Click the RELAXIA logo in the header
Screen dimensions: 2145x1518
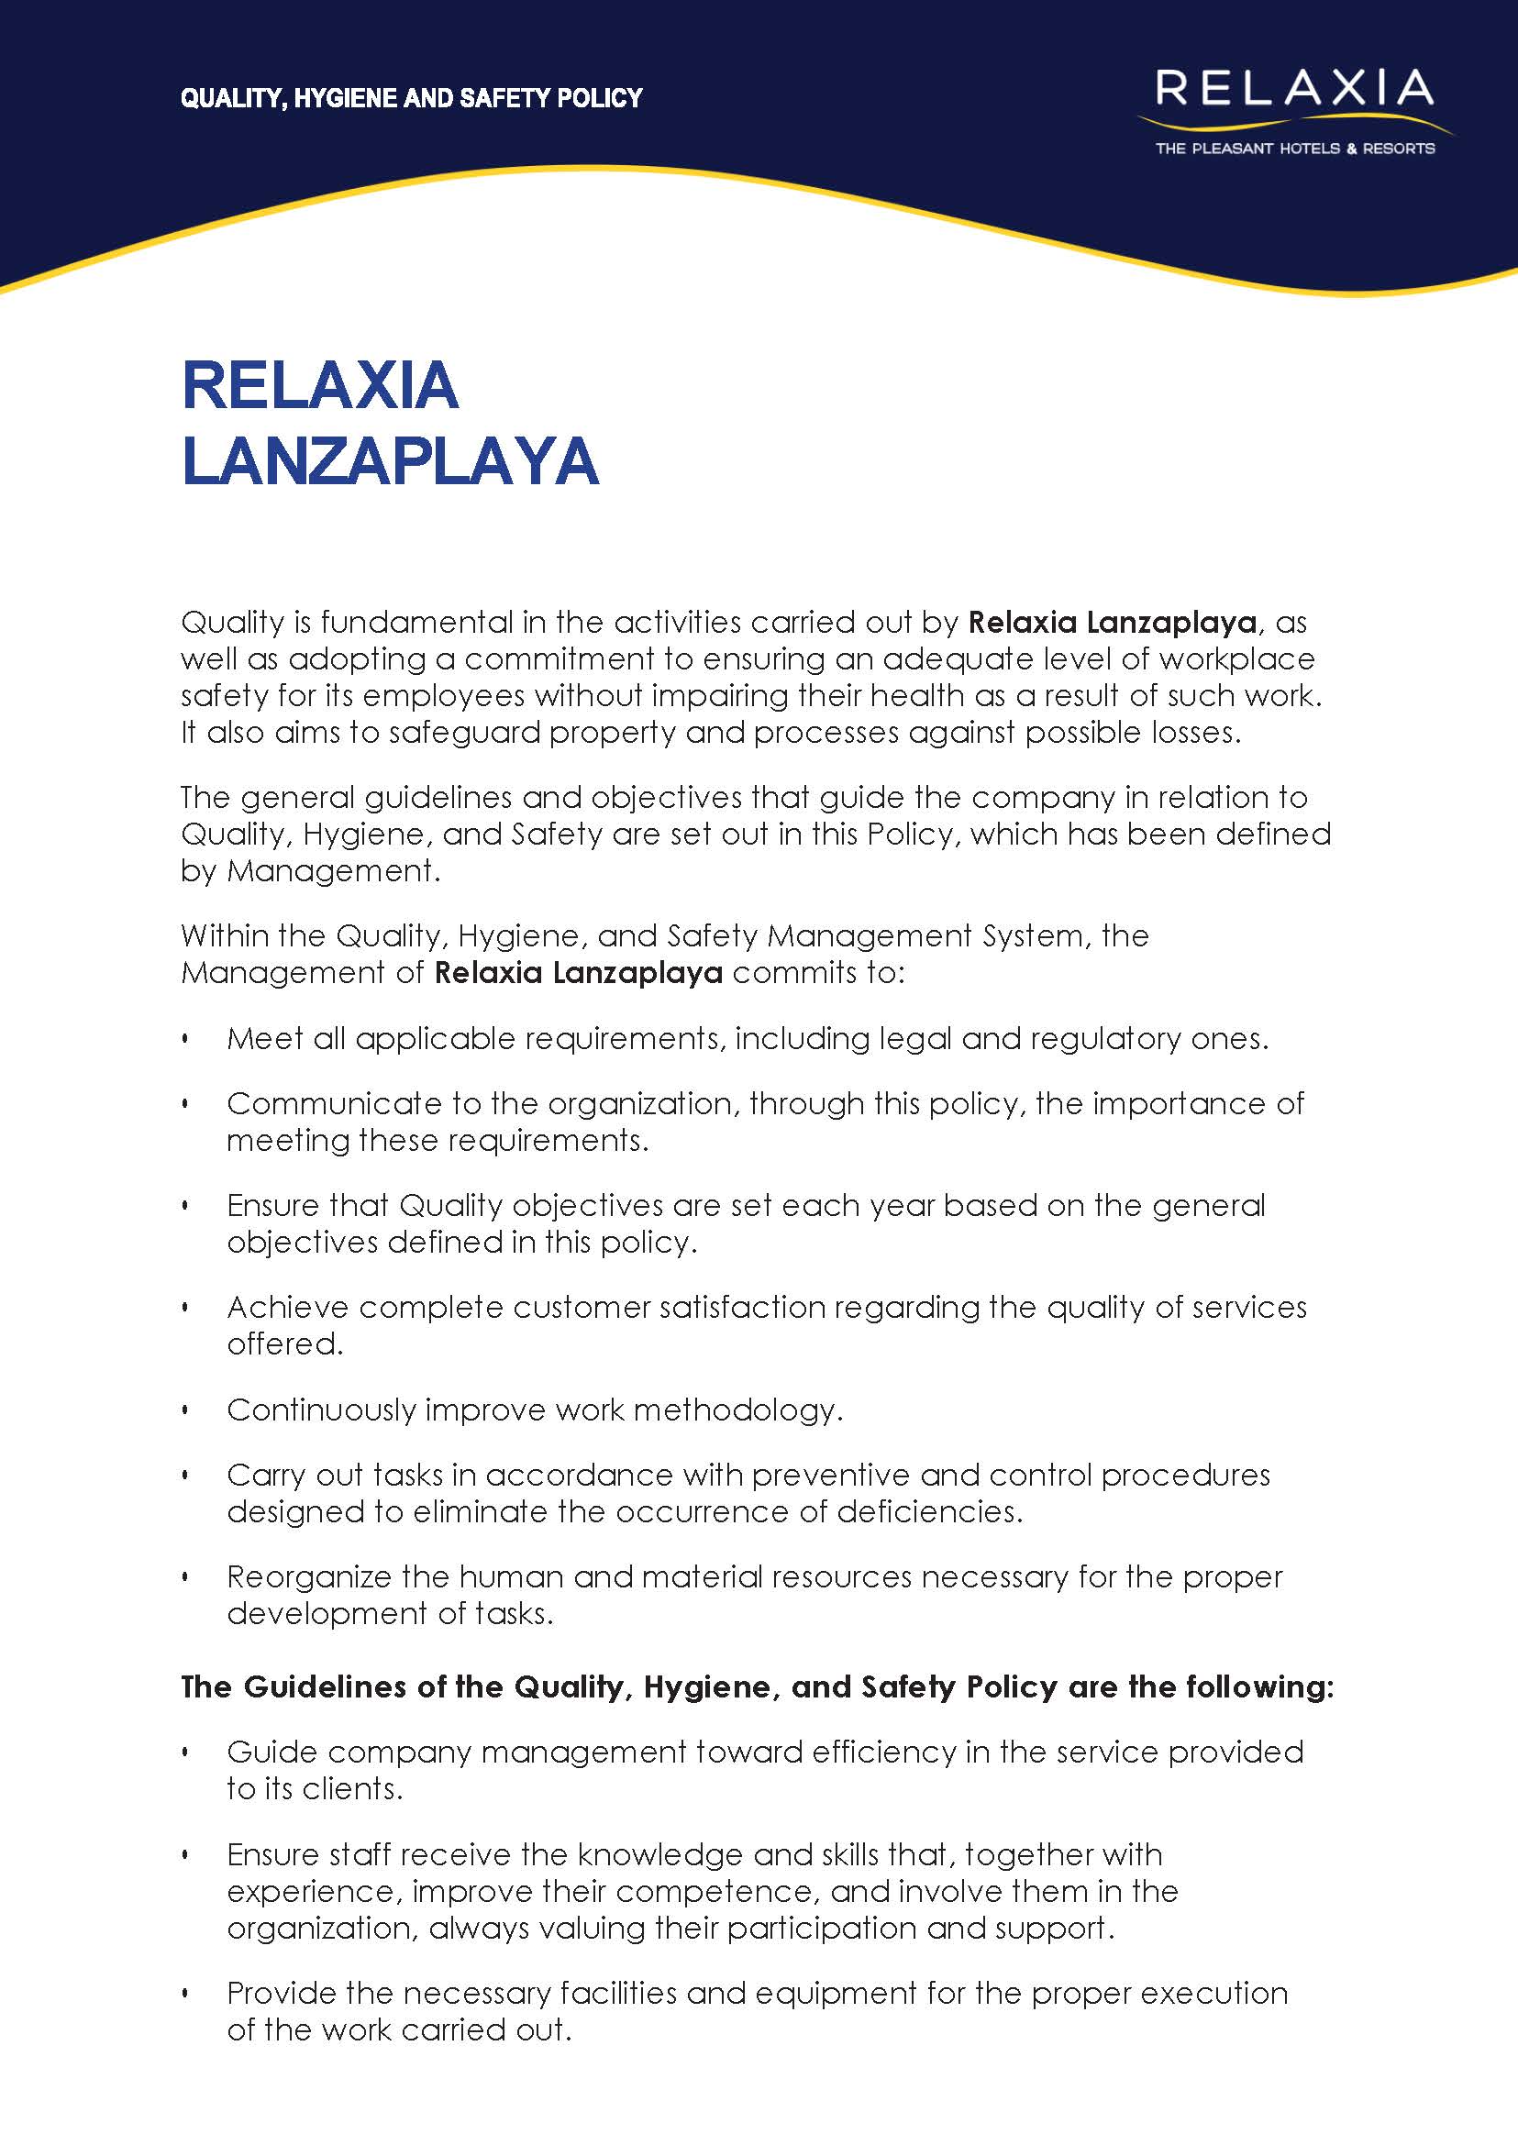pyautogui.click(x=1293, y=89)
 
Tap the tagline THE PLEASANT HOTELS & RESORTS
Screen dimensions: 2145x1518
pyautogui.click(x=1294, y=148)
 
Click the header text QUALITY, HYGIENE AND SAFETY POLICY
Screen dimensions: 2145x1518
pyautogui.click(x=411, y=98)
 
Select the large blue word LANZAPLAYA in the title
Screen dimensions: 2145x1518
pyautogui.click(x=390, y=460)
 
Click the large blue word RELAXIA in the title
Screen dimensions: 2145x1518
pyautogui.click(x=320, y=385)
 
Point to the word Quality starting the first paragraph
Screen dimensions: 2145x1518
pyautogui.click(x=232, y=623)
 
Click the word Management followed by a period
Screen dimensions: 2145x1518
pyautogui.click(x=331, y=871)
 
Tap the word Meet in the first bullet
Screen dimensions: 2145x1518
pyautogui.click(x=265, y=1038)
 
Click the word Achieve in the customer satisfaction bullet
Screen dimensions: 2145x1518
pyautogui.click(x=287, y=1307)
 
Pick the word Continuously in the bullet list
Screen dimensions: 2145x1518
pyautogui.click(x=321, y=1410)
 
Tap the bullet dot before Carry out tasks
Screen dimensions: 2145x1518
pyautogui.click(x=186, y=1476)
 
